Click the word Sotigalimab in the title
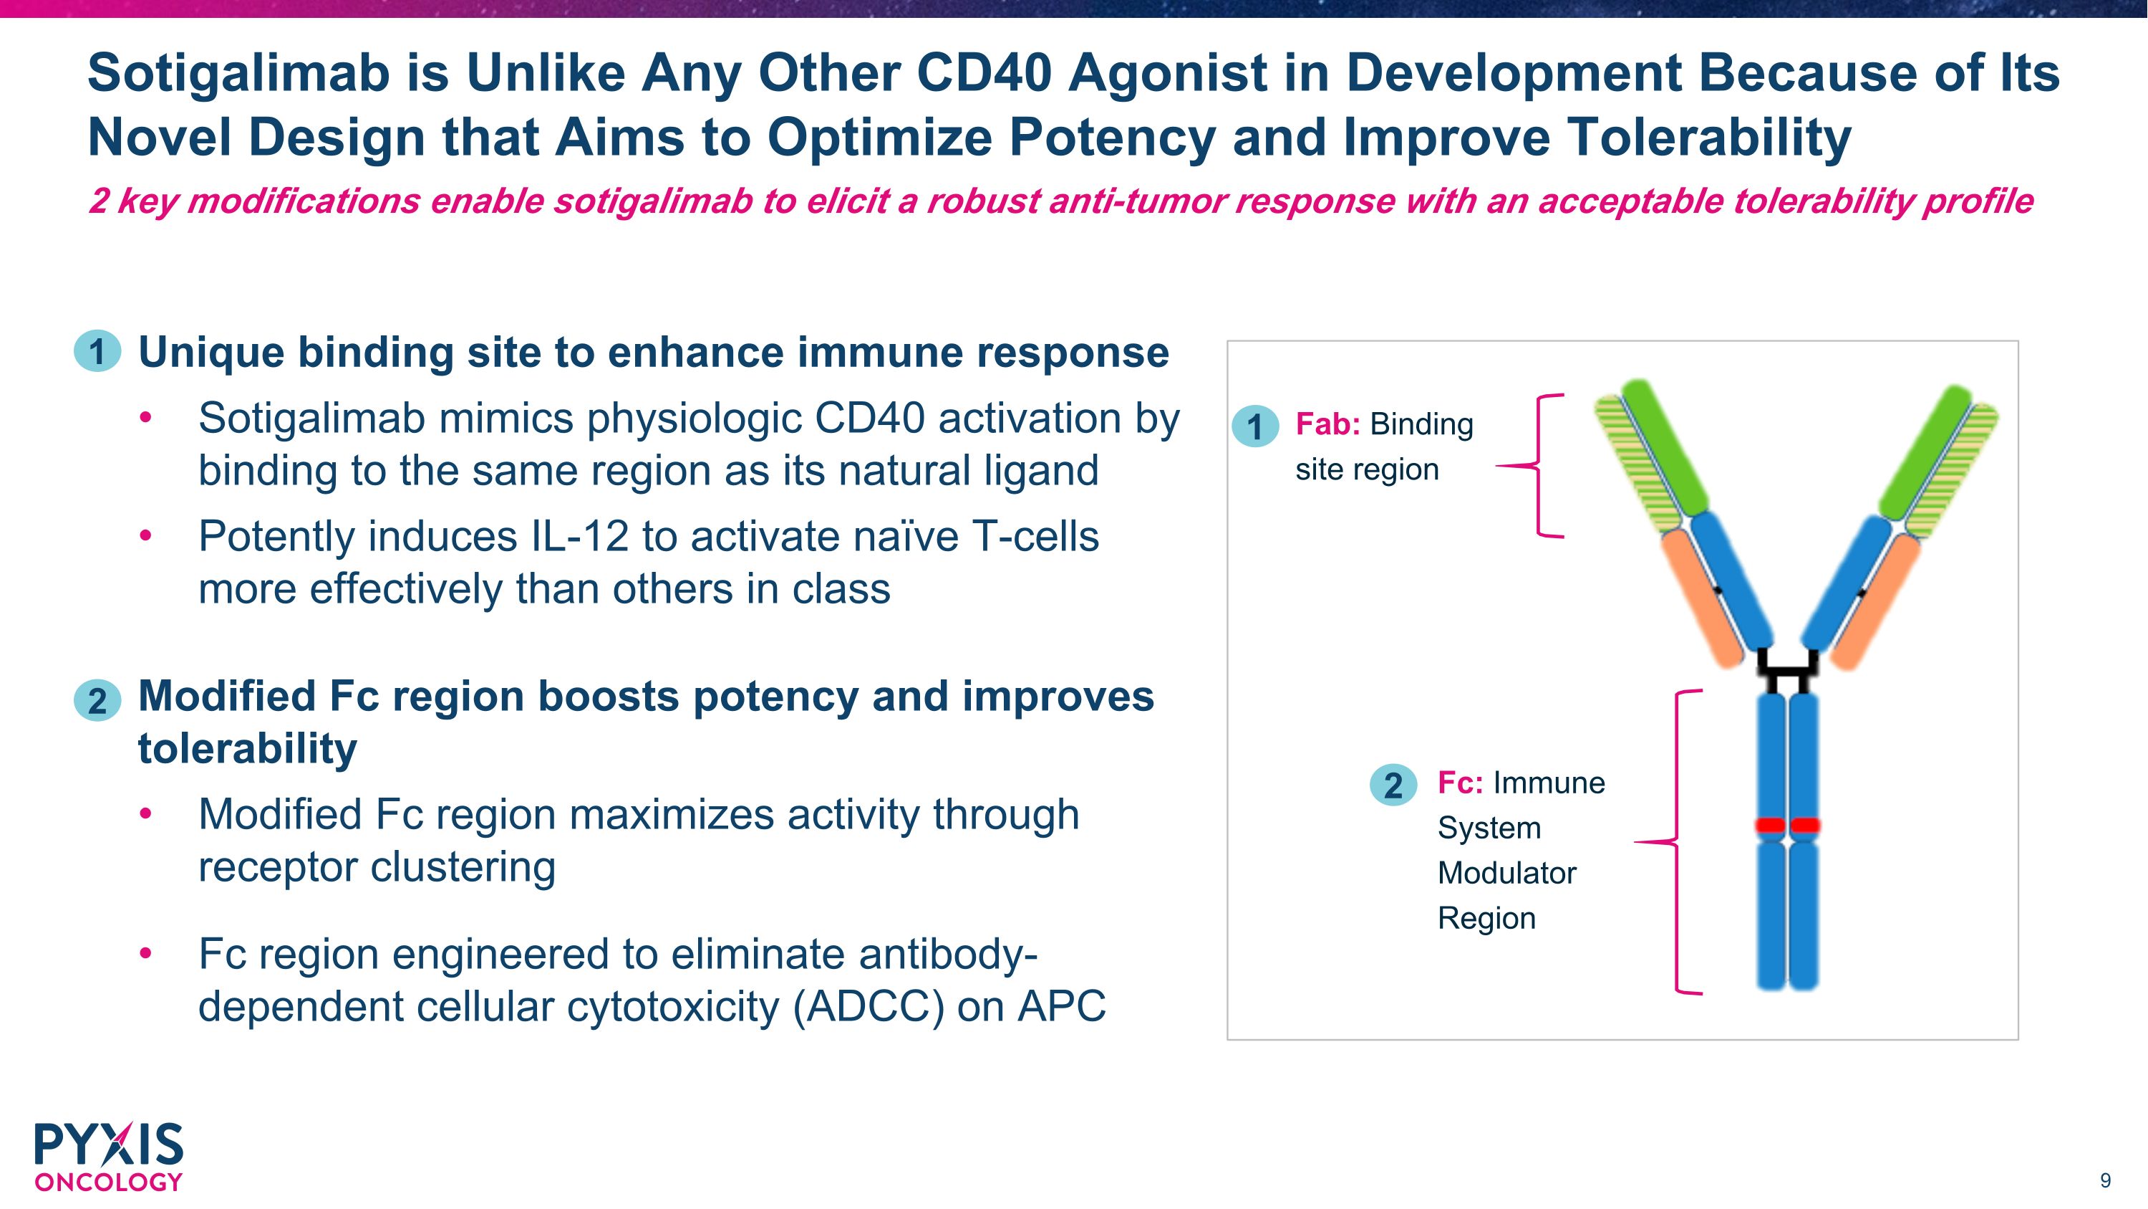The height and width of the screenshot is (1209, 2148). click(238, 73)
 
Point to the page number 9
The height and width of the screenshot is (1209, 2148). click(2104, 1180)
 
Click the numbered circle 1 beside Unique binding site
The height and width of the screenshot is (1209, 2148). click(97, 351)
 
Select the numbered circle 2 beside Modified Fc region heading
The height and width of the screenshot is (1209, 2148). click(97, 700)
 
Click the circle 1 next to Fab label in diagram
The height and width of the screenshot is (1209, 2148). click(1255, 426)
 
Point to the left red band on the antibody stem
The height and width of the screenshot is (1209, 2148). click(1770, 825)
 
